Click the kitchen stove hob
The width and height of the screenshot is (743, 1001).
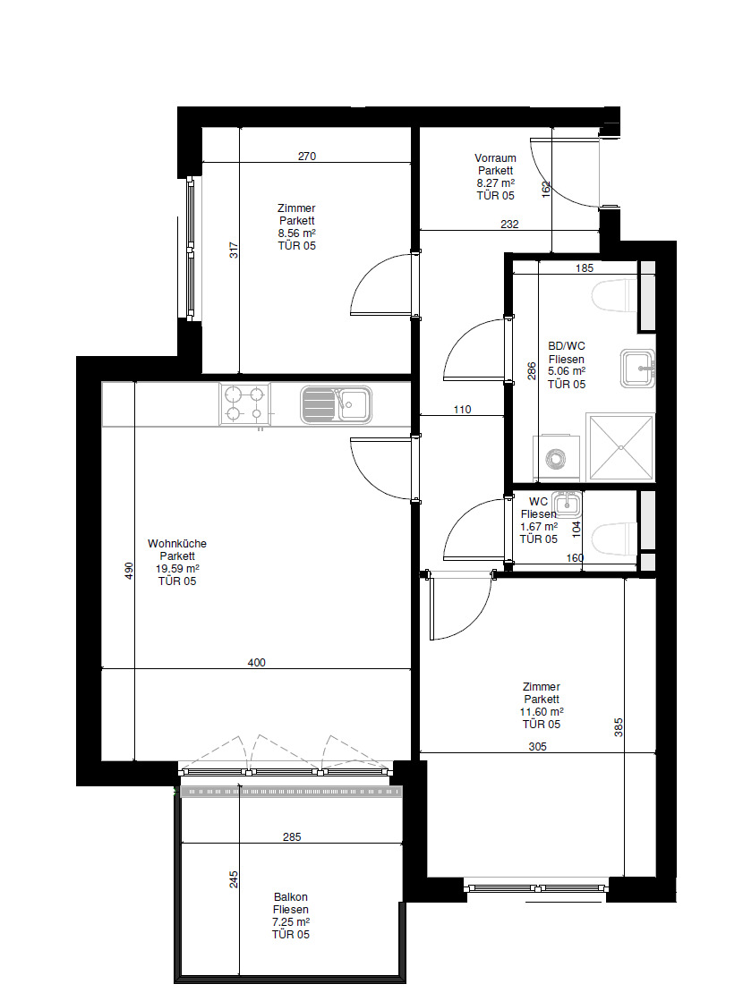[x=245, y=404]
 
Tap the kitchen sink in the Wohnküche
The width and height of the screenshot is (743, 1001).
[x=336, y=404]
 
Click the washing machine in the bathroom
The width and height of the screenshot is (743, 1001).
[x=557, y=458]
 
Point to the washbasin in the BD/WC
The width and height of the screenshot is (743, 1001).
[x=637, y=369]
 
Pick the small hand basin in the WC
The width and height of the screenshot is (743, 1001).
[x=567, y=504]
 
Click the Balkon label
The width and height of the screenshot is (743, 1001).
[x=291, y=897]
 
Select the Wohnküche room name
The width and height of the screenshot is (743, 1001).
[x=177, y=543]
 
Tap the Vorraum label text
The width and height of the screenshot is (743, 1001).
[x=495, y=157]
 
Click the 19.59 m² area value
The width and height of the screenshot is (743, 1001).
[x=177, y=568]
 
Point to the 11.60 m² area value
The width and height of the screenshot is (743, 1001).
[x=541, y=711]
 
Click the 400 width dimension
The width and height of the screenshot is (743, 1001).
[x=256, y=663]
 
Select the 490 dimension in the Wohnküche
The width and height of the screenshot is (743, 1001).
[x=128, y=571]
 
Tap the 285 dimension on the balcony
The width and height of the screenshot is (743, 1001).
[x=292, y=837]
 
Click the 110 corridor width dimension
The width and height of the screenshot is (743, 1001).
[x=462, y=410]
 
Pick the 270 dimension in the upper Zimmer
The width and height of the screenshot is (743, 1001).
[x=307, y=157]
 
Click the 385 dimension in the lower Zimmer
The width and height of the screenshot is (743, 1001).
[x=619, y=728]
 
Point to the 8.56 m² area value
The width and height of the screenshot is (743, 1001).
[x=296, y=233]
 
